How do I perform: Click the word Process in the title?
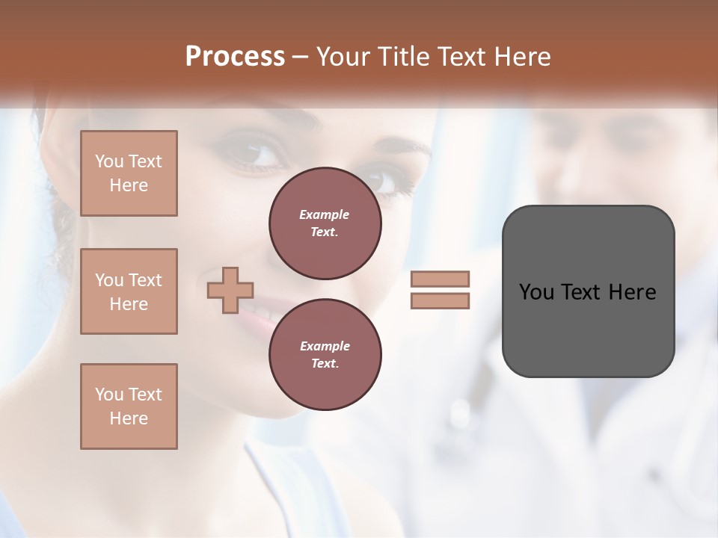[235, 57]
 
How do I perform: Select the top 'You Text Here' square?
[129, 173]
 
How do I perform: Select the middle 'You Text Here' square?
[129, 291]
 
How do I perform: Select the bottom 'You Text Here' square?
[129, 406]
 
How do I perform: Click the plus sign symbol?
[230, 291]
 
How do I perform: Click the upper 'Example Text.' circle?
[325, 223]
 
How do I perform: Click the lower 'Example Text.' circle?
[325, 355]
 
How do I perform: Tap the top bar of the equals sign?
[440, 279]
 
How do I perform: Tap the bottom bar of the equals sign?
[440, 301]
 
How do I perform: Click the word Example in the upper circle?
[325, 214]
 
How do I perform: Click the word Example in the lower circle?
[325, 346]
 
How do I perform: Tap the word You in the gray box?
[536, 292]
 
